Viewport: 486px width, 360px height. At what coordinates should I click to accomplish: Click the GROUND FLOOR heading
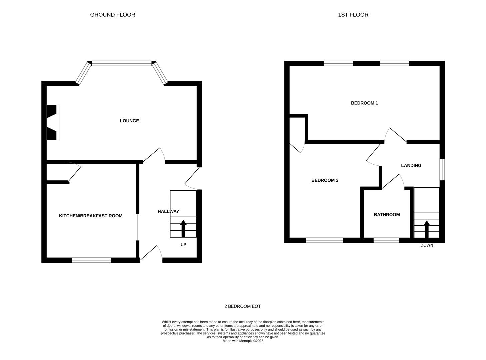click(x=112, y=15)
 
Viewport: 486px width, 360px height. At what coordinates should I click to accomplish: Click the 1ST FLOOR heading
click(x=353, y=15)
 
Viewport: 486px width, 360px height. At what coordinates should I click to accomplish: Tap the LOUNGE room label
click(x=129, y=121)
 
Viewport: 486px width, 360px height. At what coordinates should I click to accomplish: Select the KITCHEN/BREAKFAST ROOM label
click(x=91, y=216)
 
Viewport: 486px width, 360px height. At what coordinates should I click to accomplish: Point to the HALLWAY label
click(x=168, y=211)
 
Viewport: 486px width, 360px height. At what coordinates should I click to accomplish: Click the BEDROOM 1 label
click(x=364, y=103)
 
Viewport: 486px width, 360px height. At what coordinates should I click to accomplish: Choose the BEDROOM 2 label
click(x=325, y=180)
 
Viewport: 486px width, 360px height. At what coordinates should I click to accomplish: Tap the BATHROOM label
click(x=387, y=215)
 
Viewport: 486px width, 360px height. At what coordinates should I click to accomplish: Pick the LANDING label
click(x=411, y=165)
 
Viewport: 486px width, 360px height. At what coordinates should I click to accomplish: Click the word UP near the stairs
click(x=183, y=245)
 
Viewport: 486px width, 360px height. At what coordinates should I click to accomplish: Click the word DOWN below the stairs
click(x=426, y=245)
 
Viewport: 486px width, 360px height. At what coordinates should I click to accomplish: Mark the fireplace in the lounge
click(x=53, y=122)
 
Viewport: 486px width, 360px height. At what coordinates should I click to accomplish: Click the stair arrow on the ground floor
click(x=183, y=229)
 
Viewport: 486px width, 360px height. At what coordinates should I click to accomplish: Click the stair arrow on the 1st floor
click(x=426, y=229)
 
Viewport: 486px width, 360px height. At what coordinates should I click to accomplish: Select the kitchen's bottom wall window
click(x=92, y=260)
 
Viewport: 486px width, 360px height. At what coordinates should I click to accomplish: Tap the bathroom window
click(x=386, y=240)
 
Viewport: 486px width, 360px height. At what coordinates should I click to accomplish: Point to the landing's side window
click(x=442, y=170)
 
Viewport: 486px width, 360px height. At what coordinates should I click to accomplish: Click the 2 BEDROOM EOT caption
click(x=242, y=306)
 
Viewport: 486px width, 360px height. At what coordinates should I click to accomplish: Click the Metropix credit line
click(x=243, y=341)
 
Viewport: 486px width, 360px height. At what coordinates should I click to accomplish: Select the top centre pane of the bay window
click(x=122, y=63)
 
